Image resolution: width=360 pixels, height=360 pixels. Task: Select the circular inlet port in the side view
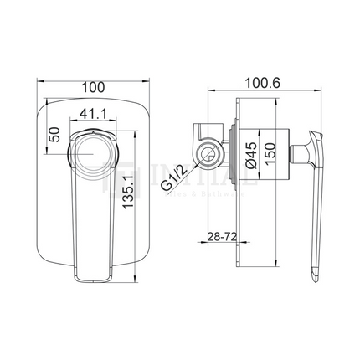[205, 153]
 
